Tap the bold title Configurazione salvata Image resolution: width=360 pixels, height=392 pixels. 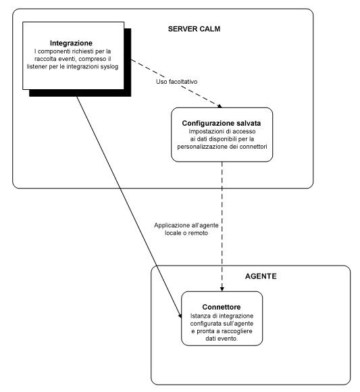[x=222, y=124]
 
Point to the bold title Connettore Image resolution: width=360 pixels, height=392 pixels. [x=221, y=306]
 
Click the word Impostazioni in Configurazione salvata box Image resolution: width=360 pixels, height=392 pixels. [x=199, y=132]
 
